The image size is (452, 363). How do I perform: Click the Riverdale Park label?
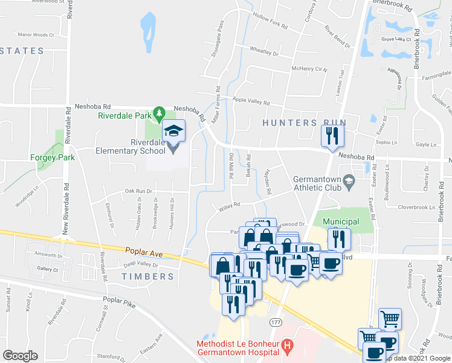click(x=124, y=115)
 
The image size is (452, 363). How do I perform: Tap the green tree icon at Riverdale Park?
click(x=160, y=113)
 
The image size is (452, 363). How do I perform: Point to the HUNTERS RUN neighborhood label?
click(x=304, y=123)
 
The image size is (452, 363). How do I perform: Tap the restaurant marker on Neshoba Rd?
click(x=331, y=136)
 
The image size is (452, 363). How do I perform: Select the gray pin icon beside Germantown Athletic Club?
click(x=349, y=180)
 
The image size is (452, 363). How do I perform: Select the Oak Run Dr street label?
click(x=138, y=191)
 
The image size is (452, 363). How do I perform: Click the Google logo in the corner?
click(x=20, y=355)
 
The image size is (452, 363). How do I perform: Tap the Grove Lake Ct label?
click(x=396, y=40)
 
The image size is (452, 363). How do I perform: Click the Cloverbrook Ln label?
click(x=416, y=208)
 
